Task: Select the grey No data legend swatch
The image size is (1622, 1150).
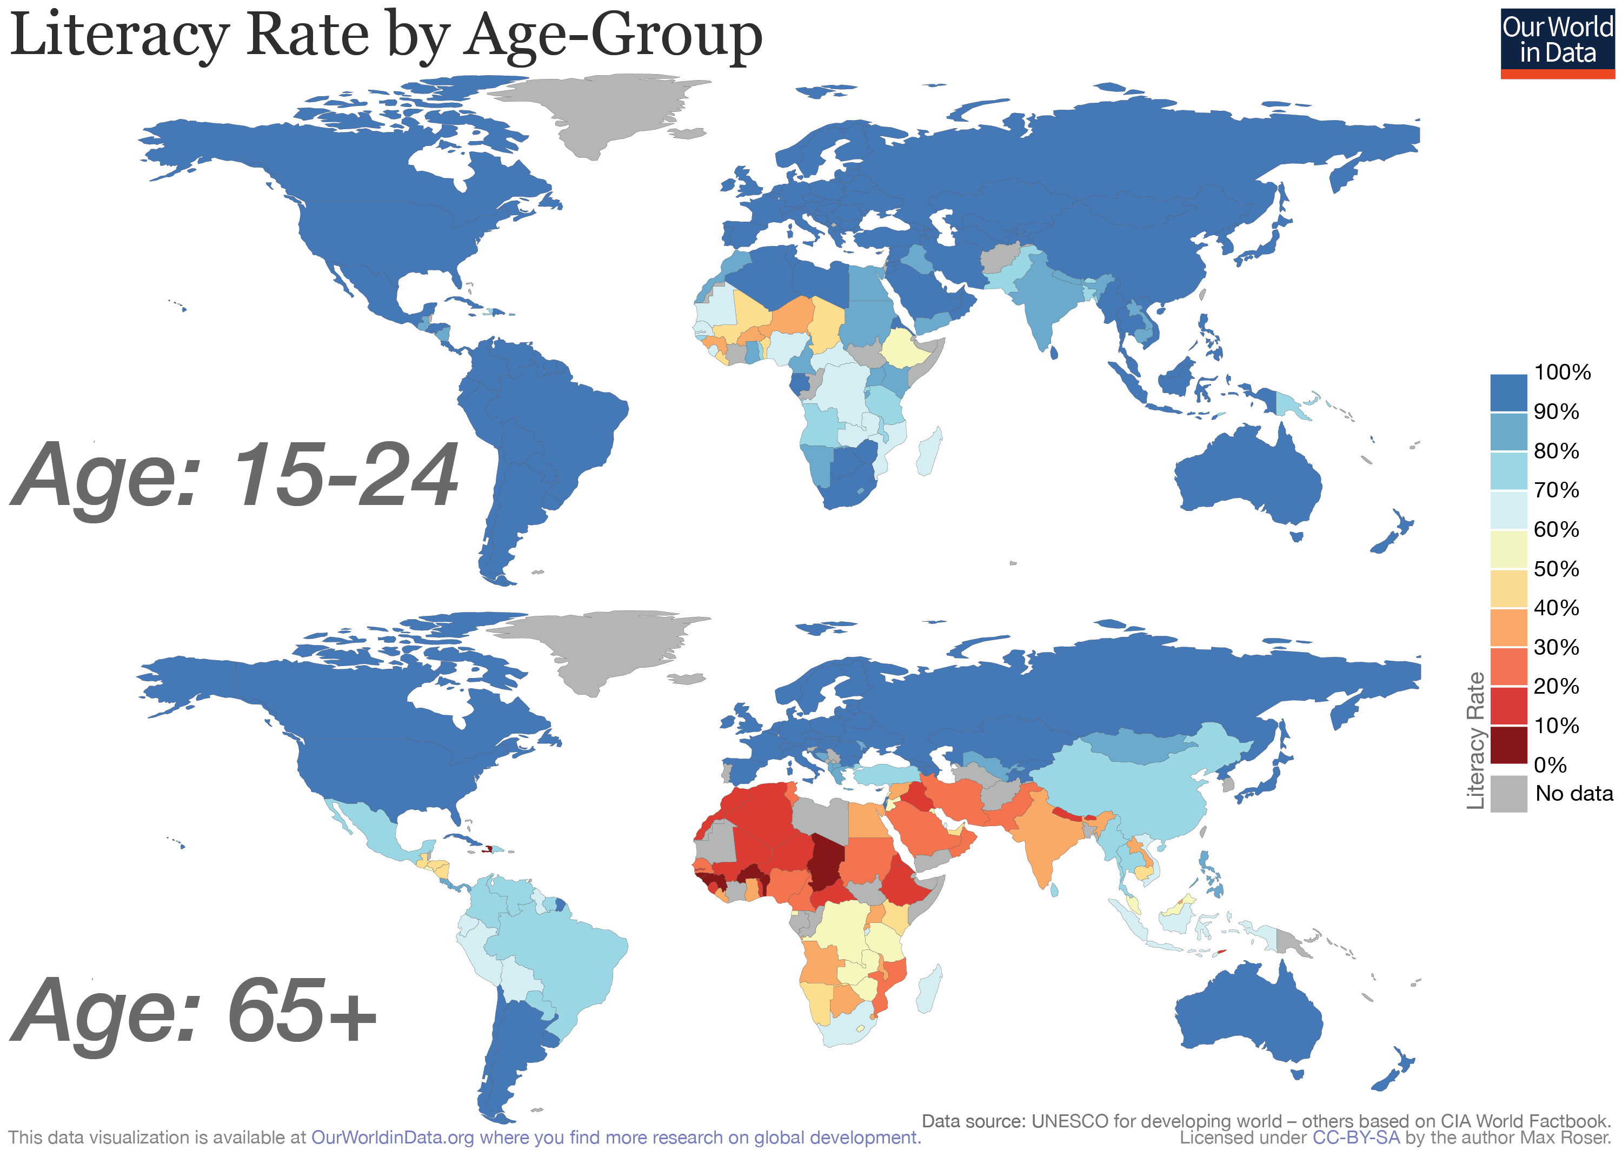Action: pyautogui.click(x=1508, y=793)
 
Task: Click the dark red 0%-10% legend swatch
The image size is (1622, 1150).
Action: pyautogui.click(x=1508, y=744)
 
